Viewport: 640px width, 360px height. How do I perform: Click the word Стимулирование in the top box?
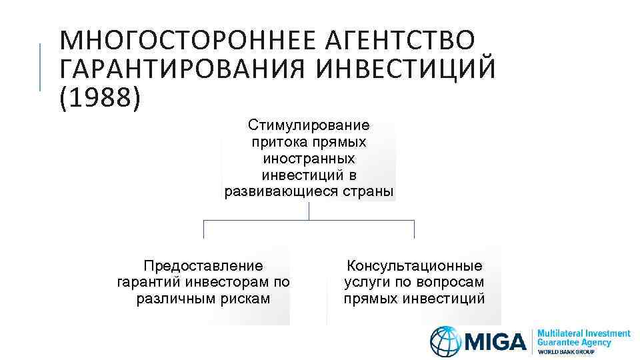pos(309,125)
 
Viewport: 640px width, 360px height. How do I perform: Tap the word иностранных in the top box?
pos(309,159)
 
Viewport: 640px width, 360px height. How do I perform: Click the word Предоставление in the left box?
pos(203,266)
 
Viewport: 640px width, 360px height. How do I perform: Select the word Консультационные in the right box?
pos(414,266)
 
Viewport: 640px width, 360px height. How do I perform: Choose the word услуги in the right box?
pos(365,282)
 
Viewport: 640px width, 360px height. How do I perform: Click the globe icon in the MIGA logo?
pos(445,341)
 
